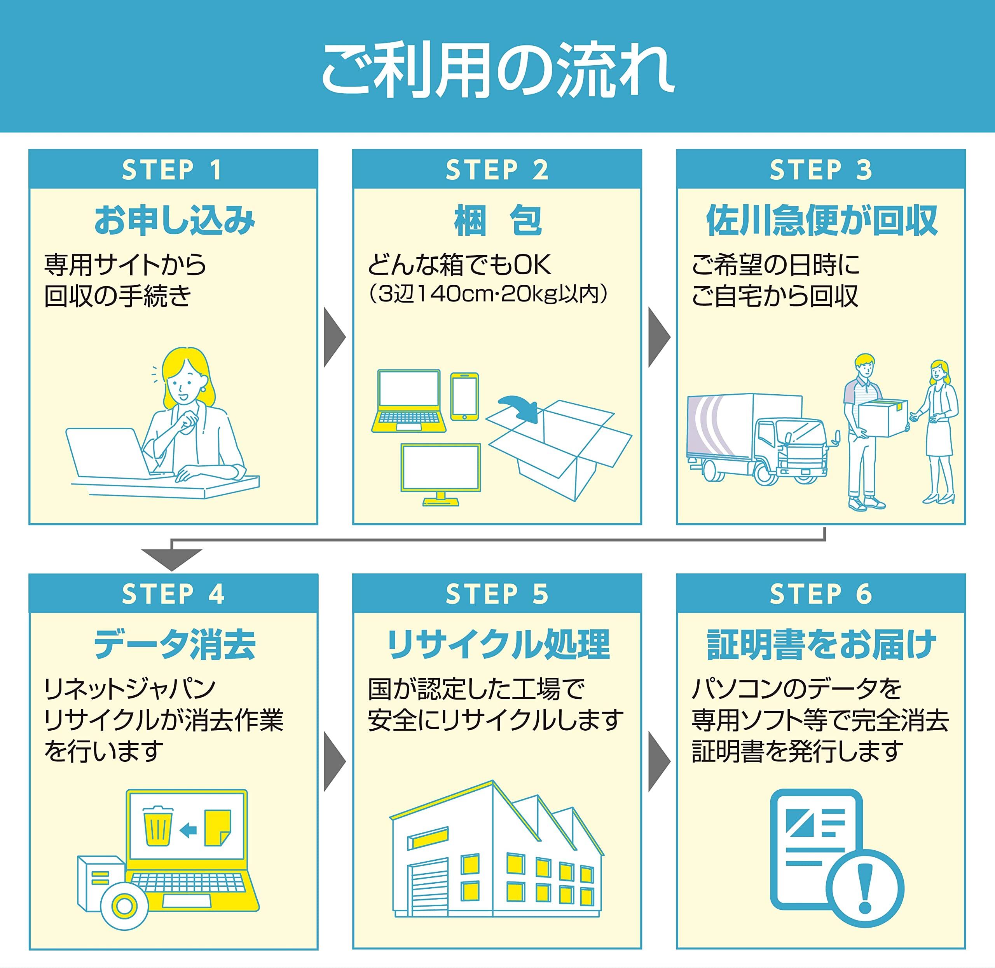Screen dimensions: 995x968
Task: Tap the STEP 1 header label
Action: point(173,170)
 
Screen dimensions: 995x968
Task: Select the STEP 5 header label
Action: point(497,594)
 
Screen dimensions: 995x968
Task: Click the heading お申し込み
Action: point(175,220)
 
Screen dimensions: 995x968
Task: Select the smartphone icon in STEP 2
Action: point(464,397)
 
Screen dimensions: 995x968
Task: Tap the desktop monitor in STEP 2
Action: point(440,474)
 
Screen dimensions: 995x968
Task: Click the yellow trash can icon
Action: point(158,826)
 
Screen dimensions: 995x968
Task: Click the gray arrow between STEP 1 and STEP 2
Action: point(335,337)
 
